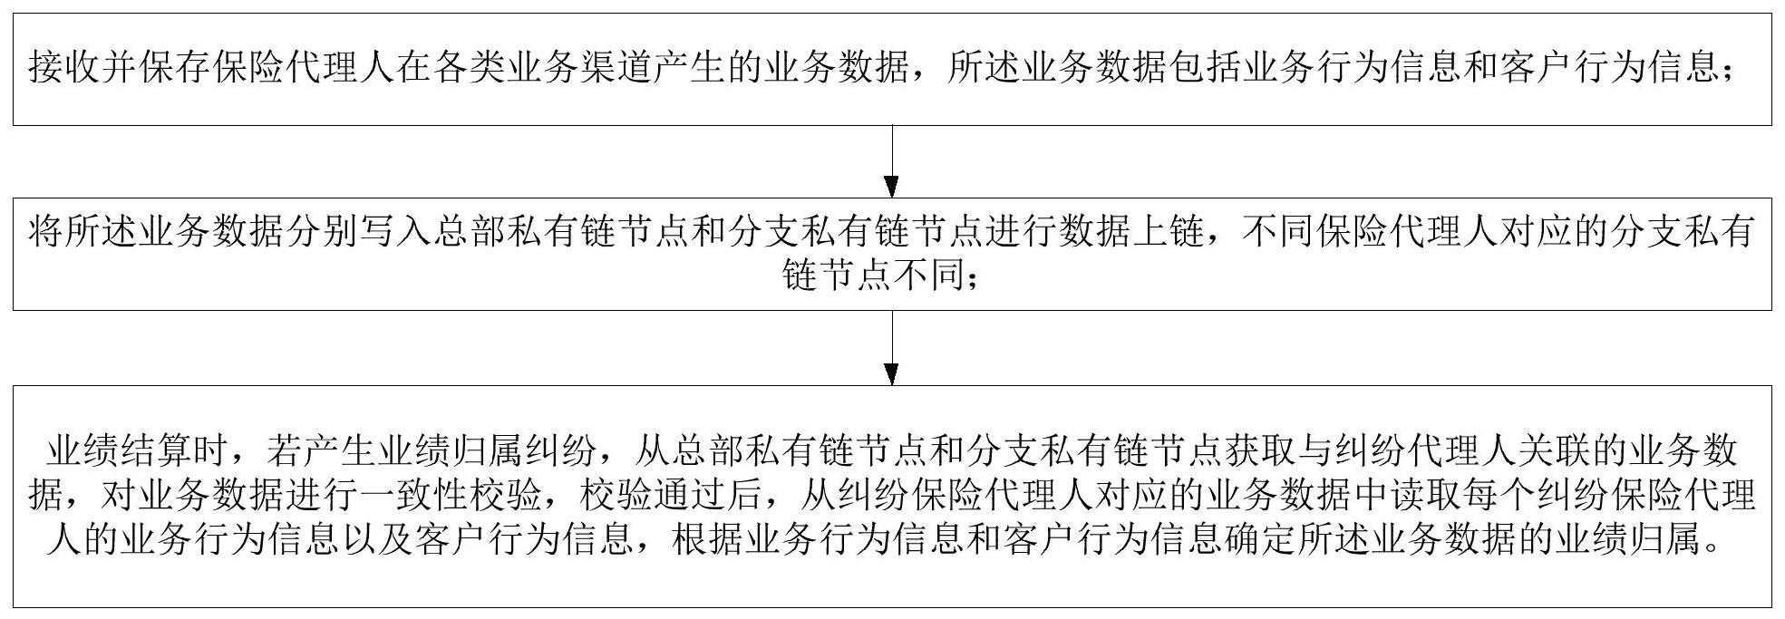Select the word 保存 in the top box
click(x=174, y=68)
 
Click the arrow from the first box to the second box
click(x=892, y=161)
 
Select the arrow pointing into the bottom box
click(x=892, y=348)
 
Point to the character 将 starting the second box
click(x=45, y=233)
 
